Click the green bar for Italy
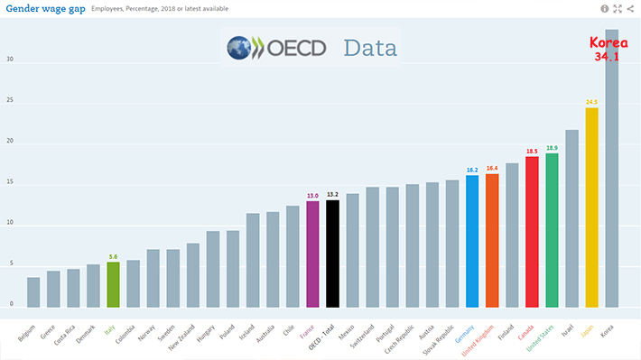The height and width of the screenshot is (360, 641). click(x=113, y=285)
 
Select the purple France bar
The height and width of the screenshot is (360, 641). click(x=312, y=254)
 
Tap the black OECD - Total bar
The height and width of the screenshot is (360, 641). click(x=333, y=254)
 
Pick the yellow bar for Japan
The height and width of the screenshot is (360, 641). click(x=592, y=208)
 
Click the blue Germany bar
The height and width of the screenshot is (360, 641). click(x=472, y=242)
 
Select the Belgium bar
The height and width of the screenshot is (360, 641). click(x=33, y=292)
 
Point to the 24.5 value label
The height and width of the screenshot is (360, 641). click(x=591, y=102)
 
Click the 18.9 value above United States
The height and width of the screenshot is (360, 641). click(x=552, y=148)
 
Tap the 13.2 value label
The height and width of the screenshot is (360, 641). click(x=333, y=195)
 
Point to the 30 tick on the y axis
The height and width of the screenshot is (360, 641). click(x=10, y=60)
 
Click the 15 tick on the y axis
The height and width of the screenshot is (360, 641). click(x=10, y=182)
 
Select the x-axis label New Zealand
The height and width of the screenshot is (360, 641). click(x=181, y=337)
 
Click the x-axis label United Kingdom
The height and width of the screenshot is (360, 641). click(x=478, y=340)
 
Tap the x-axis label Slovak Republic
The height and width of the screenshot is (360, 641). click(x=439, y=340)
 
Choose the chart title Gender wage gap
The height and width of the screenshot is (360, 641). click(x=45, y=9)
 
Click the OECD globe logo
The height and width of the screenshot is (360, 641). click(x=239, y=48)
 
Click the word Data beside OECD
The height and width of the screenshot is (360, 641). click(x=370, y=48)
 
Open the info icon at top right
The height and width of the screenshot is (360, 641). click(x=605, y=9)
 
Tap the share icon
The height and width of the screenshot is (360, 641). click(x=630, y=9)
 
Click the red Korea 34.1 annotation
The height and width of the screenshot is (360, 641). click(x=608, y=49)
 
